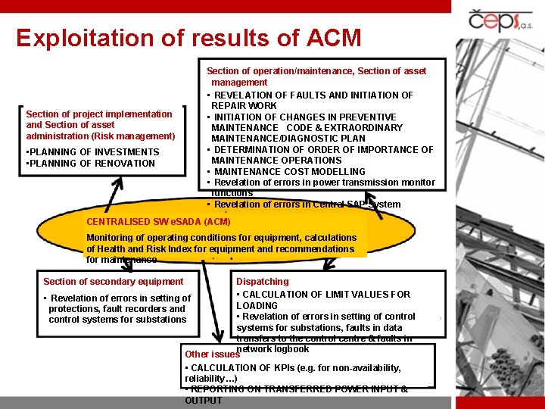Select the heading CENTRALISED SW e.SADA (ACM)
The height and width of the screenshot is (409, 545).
coord(158,222)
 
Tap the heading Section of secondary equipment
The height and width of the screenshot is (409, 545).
coord(113,282)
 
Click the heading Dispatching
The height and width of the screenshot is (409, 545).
coord(263,282)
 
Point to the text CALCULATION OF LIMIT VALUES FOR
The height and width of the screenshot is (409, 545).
coord(326,295)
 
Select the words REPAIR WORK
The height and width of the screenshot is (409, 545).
coord(244,106)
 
